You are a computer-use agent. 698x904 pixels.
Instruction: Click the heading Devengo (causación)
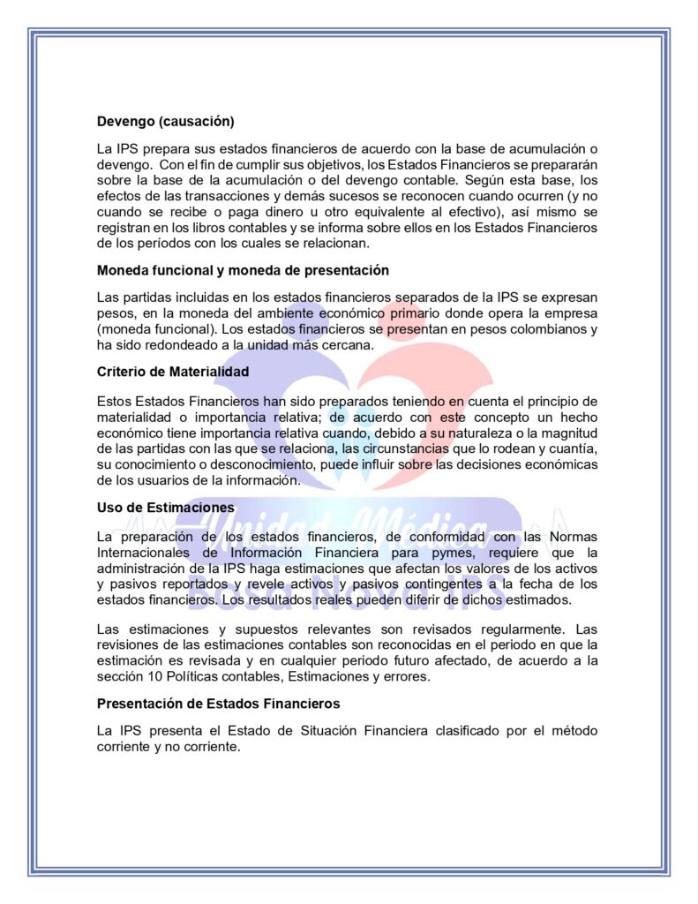click(165, 121)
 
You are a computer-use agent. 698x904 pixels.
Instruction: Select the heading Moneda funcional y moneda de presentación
click(243, 269)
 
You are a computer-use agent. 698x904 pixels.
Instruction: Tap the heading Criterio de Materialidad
click(173, 372)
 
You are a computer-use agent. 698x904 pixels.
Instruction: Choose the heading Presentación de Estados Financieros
click(218, 704)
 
